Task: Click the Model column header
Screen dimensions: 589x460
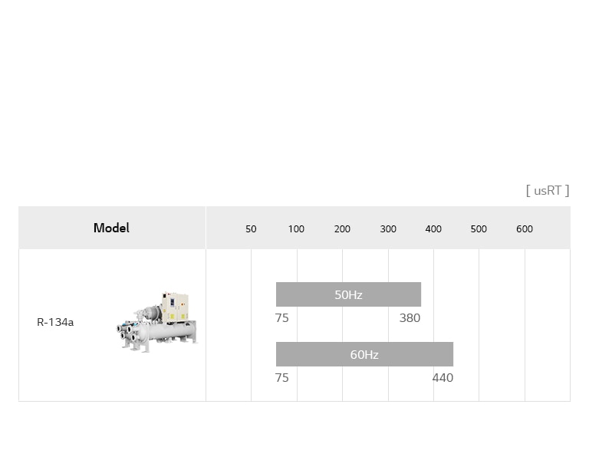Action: pos(111,228)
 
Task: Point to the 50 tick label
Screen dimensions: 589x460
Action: pos(251,229)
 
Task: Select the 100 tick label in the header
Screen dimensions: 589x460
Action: pos(296,229)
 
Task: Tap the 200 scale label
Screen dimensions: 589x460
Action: pos(342,229)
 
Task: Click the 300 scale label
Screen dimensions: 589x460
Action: pos(388,229)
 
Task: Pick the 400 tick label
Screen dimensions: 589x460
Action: pos(433,229)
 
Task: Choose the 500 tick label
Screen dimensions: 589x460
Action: pos(479,229)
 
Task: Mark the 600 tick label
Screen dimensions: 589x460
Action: pos(525,229)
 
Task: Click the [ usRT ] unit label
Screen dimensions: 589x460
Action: pos(548,190)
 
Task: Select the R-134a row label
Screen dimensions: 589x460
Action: pos(55,322)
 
